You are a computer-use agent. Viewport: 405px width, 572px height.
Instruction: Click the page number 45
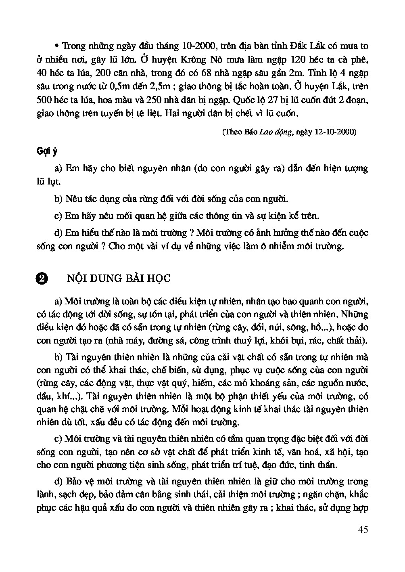pos(362,530)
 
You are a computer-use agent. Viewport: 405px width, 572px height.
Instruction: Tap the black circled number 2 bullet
pos(42,278)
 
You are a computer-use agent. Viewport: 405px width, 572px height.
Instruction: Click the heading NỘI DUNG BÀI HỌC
pos(119,278)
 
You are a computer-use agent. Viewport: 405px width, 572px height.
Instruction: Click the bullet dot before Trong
pos(56,45)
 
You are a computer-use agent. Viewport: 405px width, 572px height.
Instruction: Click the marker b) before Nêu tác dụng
pos(58,199)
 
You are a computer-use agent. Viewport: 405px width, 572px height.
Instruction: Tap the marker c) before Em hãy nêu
pos(58,216)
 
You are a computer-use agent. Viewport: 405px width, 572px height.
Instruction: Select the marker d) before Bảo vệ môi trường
pos(58,481)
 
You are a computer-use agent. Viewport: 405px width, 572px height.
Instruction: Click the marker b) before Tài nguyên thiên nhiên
pos(58,357)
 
